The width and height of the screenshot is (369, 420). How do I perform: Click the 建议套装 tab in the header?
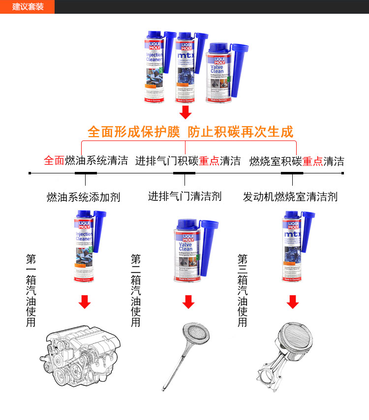[x=28, y=7]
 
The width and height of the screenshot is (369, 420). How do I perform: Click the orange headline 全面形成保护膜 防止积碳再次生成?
[x=190, y=132]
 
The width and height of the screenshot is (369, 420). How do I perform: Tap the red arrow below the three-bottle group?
[x=185, y=112]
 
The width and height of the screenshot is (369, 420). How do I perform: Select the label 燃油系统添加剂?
[x=83, y=197]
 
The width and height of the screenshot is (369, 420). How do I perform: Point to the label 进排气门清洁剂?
[x=184, y=196]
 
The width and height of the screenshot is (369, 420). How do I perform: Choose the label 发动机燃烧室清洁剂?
[x=290, y=197]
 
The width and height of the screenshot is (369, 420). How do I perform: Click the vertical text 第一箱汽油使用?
[x=31, y=290]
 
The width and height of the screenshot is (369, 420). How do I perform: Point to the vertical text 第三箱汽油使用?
[x=243, y=290]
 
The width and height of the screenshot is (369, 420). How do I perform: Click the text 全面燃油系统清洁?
[x=86, y=161]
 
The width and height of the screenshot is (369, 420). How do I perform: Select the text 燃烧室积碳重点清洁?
[x=297, y=161]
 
